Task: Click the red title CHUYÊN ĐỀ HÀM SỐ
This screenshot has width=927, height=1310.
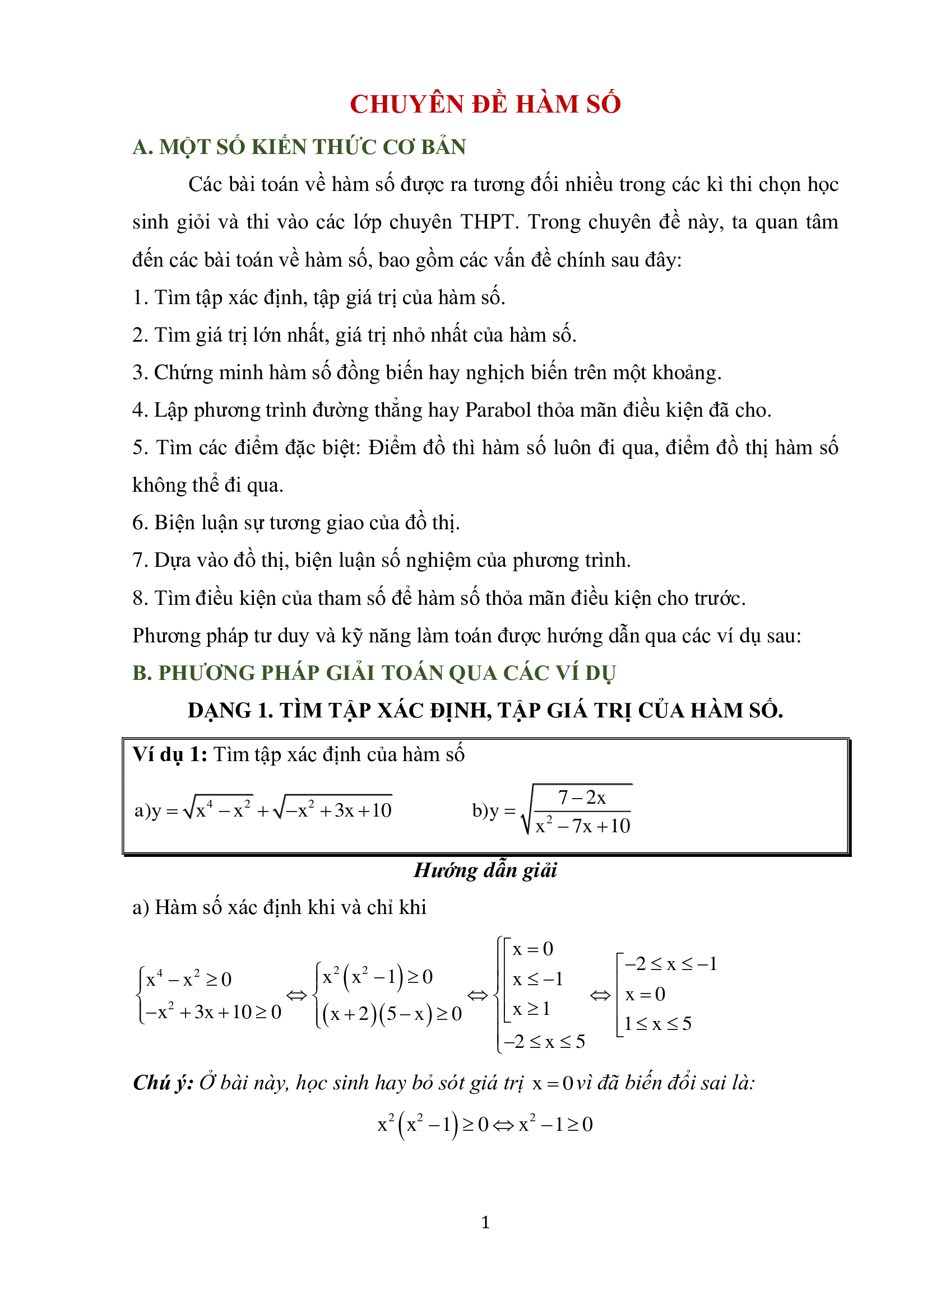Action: (x=485, y=104)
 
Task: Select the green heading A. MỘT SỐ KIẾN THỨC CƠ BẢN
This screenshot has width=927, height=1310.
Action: (x=299, y=147)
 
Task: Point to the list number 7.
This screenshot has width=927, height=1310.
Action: (x=138, y=560)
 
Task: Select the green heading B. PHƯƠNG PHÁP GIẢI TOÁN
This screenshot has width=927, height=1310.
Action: (x=374, y=673)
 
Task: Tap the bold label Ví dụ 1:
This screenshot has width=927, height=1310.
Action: (x=169, y=755)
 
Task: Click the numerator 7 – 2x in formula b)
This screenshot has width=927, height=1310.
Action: (x=582, y=797)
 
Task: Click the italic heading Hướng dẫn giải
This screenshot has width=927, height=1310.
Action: (x=485, y=870)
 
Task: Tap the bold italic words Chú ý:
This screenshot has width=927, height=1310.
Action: (x=163, y=1083)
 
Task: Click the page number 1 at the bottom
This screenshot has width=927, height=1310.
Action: (x=485, y=1222)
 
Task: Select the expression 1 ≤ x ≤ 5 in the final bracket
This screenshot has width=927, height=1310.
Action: (x=657, y=1024)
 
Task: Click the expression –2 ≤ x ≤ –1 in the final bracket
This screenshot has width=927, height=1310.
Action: (x=671, y=964)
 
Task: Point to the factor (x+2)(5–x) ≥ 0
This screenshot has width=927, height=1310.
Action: (x=392, y=1014)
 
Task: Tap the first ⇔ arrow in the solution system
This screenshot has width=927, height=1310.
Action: (x=296, y=996)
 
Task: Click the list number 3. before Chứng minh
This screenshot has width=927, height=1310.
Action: (x=140, y=372)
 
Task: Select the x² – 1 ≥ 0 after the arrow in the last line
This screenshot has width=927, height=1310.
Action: (x=555, y=1125)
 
